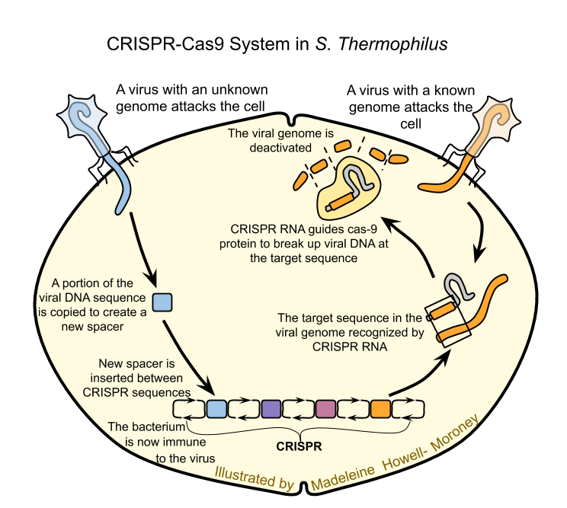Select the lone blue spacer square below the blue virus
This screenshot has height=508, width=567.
tap(162, 302)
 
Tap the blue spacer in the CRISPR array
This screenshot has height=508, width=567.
tap(216, 409)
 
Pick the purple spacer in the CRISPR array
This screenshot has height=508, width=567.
tap(271, 409)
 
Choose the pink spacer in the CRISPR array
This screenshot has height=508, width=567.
tap(326, 409)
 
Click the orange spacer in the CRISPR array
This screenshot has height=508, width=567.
tap(380, 409)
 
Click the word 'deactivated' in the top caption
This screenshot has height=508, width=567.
tap(261, 147)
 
